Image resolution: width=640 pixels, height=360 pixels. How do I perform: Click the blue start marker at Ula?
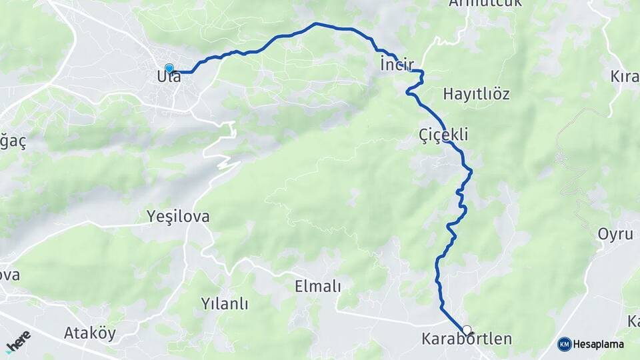coord(169,69)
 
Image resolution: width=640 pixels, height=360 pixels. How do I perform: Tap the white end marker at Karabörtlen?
coord(467,329)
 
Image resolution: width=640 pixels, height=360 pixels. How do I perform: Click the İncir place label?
coord(396,65)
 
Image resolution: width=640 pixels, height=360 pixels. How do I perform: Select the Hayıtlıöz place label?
coord(476,93)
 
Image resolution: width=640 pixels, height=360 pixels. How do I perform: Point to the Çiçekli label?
coord(443,135)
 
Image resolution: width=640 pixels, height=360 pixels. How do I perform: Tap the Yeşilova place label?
coord(178,216)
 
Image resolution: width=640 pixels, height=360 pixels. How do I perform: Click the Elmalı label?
coord(317,287)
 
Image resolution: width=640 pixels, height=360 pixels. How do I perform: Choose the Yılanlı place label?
coord(224,304)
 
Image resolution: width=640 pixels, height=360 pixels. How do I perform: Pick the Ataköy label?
coord(90,333)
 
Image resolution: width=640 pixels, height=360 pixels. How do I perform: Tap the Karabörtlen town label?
coord(467,339)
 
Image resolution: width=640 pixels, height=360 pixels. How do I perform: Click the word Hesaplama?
coord(599,345)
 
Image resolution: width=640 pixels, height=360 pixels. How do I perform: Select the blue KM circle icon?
coord(564,345)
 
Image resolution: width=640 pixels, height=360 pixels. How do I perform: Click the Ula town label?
coord(169,77)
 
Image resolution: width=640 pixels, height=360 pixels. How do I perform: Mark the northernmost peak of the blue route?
coord(315,24)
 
